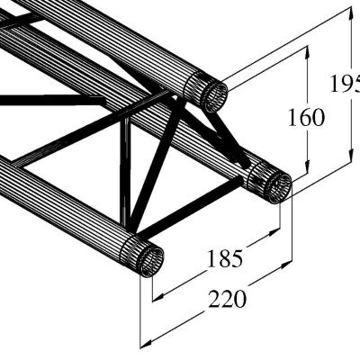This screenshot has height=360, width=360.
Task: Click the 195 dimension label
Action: [345, 85]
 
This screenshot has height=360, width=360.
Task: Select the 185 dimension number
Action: [224, 259]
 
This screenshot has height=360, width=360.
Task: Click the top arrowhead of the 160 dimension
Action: [308, 49]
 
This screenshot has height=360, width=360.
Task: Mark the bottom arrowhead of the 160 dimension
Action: [308, 172]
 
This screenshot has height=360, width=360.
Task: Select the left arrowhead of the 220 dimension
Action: [142, 342]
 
